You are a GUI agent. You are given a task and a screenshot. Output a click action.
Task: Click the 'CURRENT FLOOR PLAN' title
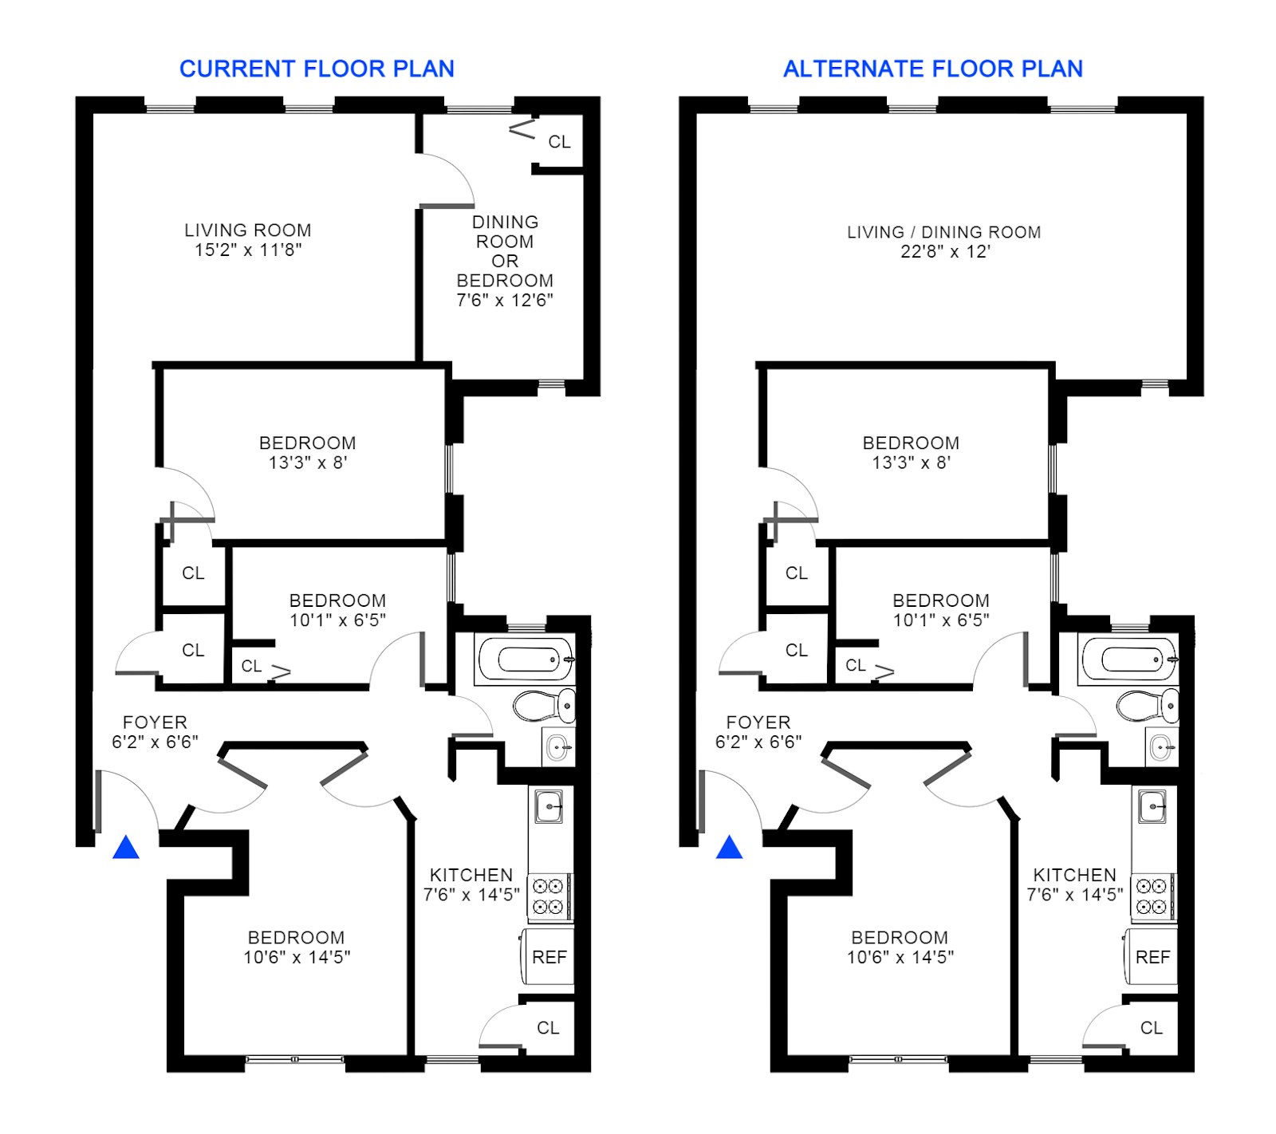317,69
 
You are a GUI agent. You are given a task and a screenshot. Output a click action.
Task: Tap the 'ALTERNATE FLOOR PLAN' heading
932,69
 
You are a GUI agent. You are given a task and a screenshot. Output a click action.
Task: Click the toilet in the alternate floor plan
1145,706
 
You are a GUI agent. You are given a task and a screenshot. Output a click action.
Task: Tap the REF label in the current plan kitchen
549,957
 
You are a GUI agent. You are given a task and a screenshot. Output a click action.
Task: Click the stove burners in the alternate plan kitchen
1152,896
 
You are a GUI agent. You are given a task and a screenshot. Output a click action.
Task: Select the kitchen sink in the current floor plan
549,807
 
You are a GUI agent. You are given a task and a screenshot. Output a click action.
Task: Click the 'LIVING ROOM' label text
248,230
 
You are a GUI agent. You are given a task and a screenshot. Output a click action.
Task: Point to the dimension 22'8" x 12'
945,252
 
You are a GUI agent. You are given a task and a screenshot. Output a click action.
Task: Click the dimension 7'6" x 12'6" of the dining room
505,301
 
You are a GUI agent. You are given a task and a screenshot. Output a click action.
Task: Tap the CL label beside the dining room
559,142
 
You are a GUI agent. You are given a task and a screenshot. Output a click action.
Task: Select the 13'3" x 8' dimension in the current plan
308,463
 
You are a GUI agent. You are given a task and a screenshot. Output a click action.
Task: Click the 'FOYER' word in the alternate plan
758,723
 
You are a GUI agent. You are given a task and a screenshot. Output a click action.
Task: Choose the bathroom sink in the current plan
557,748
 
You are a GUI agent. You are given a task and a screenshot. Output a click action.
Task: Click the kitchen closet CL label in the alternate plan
1151,1028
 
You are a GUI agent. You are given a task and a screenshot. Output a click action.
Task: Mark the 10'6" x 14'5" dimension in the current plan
297,957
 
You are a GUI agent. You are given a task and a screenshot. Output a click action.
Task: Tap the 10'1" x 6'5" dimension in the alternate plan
941,620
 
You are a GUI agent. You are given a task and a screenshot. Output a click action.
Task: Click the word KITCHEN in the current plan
471,875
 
